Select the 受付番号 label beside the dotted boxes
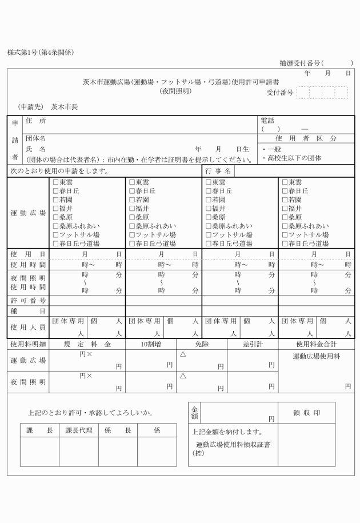click(x=279, y=93)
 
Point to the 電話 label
click(x=267, y=121)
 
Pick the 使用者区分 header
click(x=306, y=138)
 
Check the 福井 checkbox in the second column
click(x=132, y=209)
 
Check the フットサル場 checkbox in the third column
click(x=209, y=235)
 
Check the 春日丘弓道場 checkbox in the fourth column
click(x=285, y=243)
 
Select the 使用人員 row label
click(x=28, y=327)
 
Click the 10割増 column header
click(x=150, y=345)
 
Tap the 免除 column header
click(x=202, y=345)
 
